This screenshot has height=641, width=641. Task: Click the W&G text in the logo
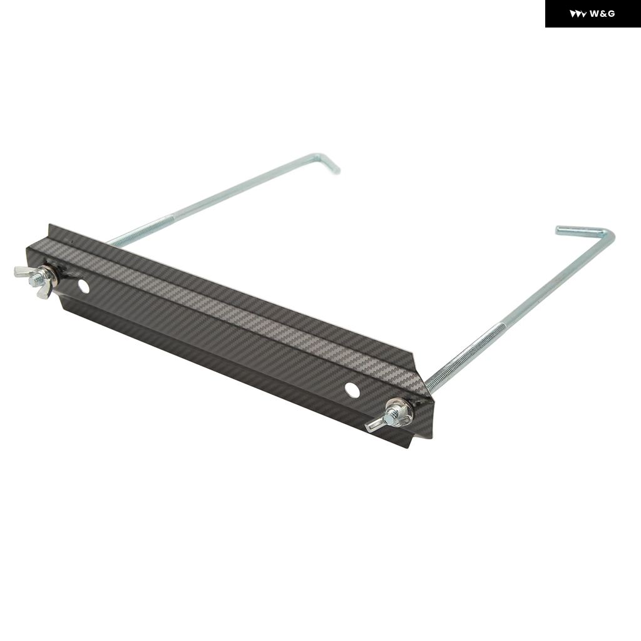[x=602, y=14]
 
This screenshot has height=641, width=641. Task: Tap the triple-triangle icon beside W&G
[x=578, y=14]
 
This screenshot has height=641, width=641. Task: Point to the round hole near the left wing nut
[x=84, y=287]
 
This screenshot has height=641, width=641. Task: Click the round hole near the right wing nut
[x=352, y=389]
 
